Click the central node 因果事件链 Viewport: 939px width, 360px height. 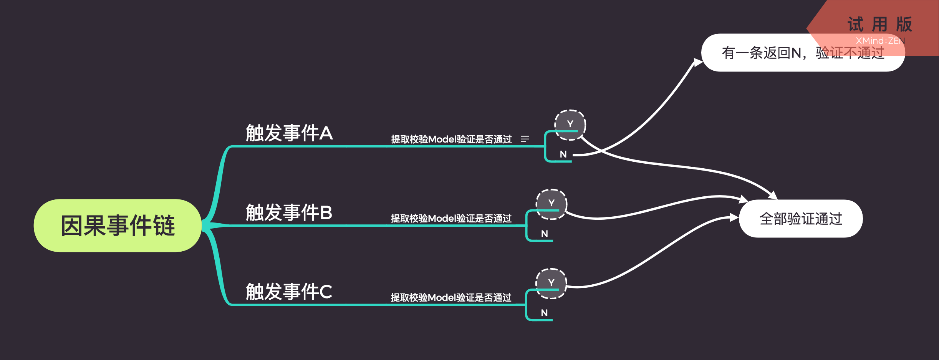pos(118,226)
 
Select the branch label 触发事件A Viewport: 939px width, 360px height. pos(289,133)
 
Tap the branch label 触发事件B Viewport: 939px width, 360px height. pos(289,212)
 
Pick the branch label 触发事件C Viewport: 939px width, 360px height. pos(289,292)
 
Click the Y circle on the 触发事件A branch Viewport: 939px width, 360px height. pos(570,124)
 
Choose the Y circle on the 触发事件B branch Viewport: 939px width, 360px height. pos(551,204)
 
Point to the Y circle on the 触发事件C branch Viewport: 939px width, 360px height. pos(551,283)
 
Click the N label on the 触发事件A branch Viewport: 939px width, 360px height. pos(563,154)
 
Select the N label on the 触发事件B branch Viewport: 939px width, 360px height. pos(544,234)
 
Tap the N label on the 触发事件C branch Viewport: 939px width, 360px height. pos(544,313)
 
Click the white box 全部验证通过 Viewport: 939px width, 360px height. pos(801,219)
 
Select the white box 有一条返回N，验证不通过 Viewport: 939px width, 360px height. pos(803,53)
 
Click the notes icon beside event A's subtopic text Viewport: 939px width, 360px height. pos(525,139)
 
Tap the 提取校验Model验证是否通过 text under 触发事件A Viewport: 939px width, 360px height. pos(451,139)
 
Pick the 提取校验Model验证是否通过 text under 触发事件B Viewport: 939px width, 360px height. pos(451,219)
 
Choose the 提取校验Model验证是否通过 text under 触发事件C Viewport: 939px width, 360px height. pos(451,298)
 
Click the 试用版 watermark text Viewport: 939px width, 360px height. pos(879,24)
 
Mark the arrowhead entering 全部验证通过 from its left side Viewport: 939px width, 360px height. pos(734,218)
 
